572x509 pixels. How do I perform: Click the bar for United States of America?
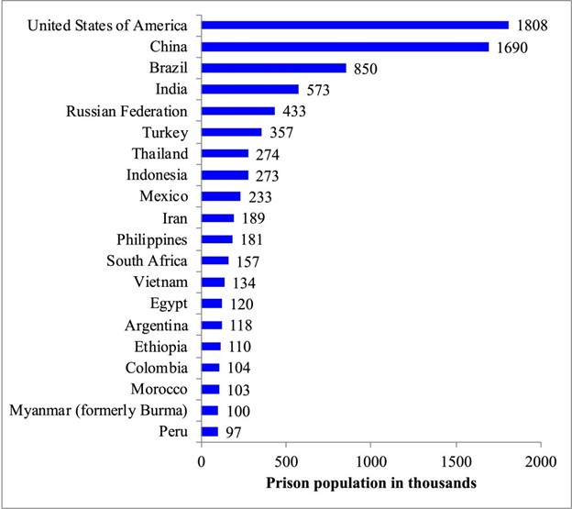pos(354,25)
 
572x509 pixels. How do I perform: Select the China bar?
pos(345,46)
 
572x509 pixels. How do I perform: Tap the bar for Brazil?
pos(273,68)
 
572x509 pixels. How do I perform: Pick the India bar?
pos(249,89)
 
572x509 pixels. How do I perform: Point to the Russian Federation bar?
pos(237,111)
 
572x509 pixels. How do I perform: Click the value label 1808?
pos(531,25)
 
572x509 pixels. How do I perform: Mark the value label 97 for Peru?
pos(233,433)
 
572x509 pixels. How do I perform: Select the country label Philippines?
pos(152,239)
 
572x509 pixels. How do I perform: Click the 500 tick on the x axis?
pos(286,462)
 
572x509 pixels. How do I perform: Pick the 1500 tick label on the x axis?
pos(456,462)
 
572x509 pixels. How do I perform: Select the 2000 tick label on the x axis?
pos(541,462)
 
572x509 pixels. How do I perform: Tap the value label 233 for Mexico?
pos(258,197)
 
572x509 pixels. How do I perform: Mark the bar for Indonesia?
pos(225,175)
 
